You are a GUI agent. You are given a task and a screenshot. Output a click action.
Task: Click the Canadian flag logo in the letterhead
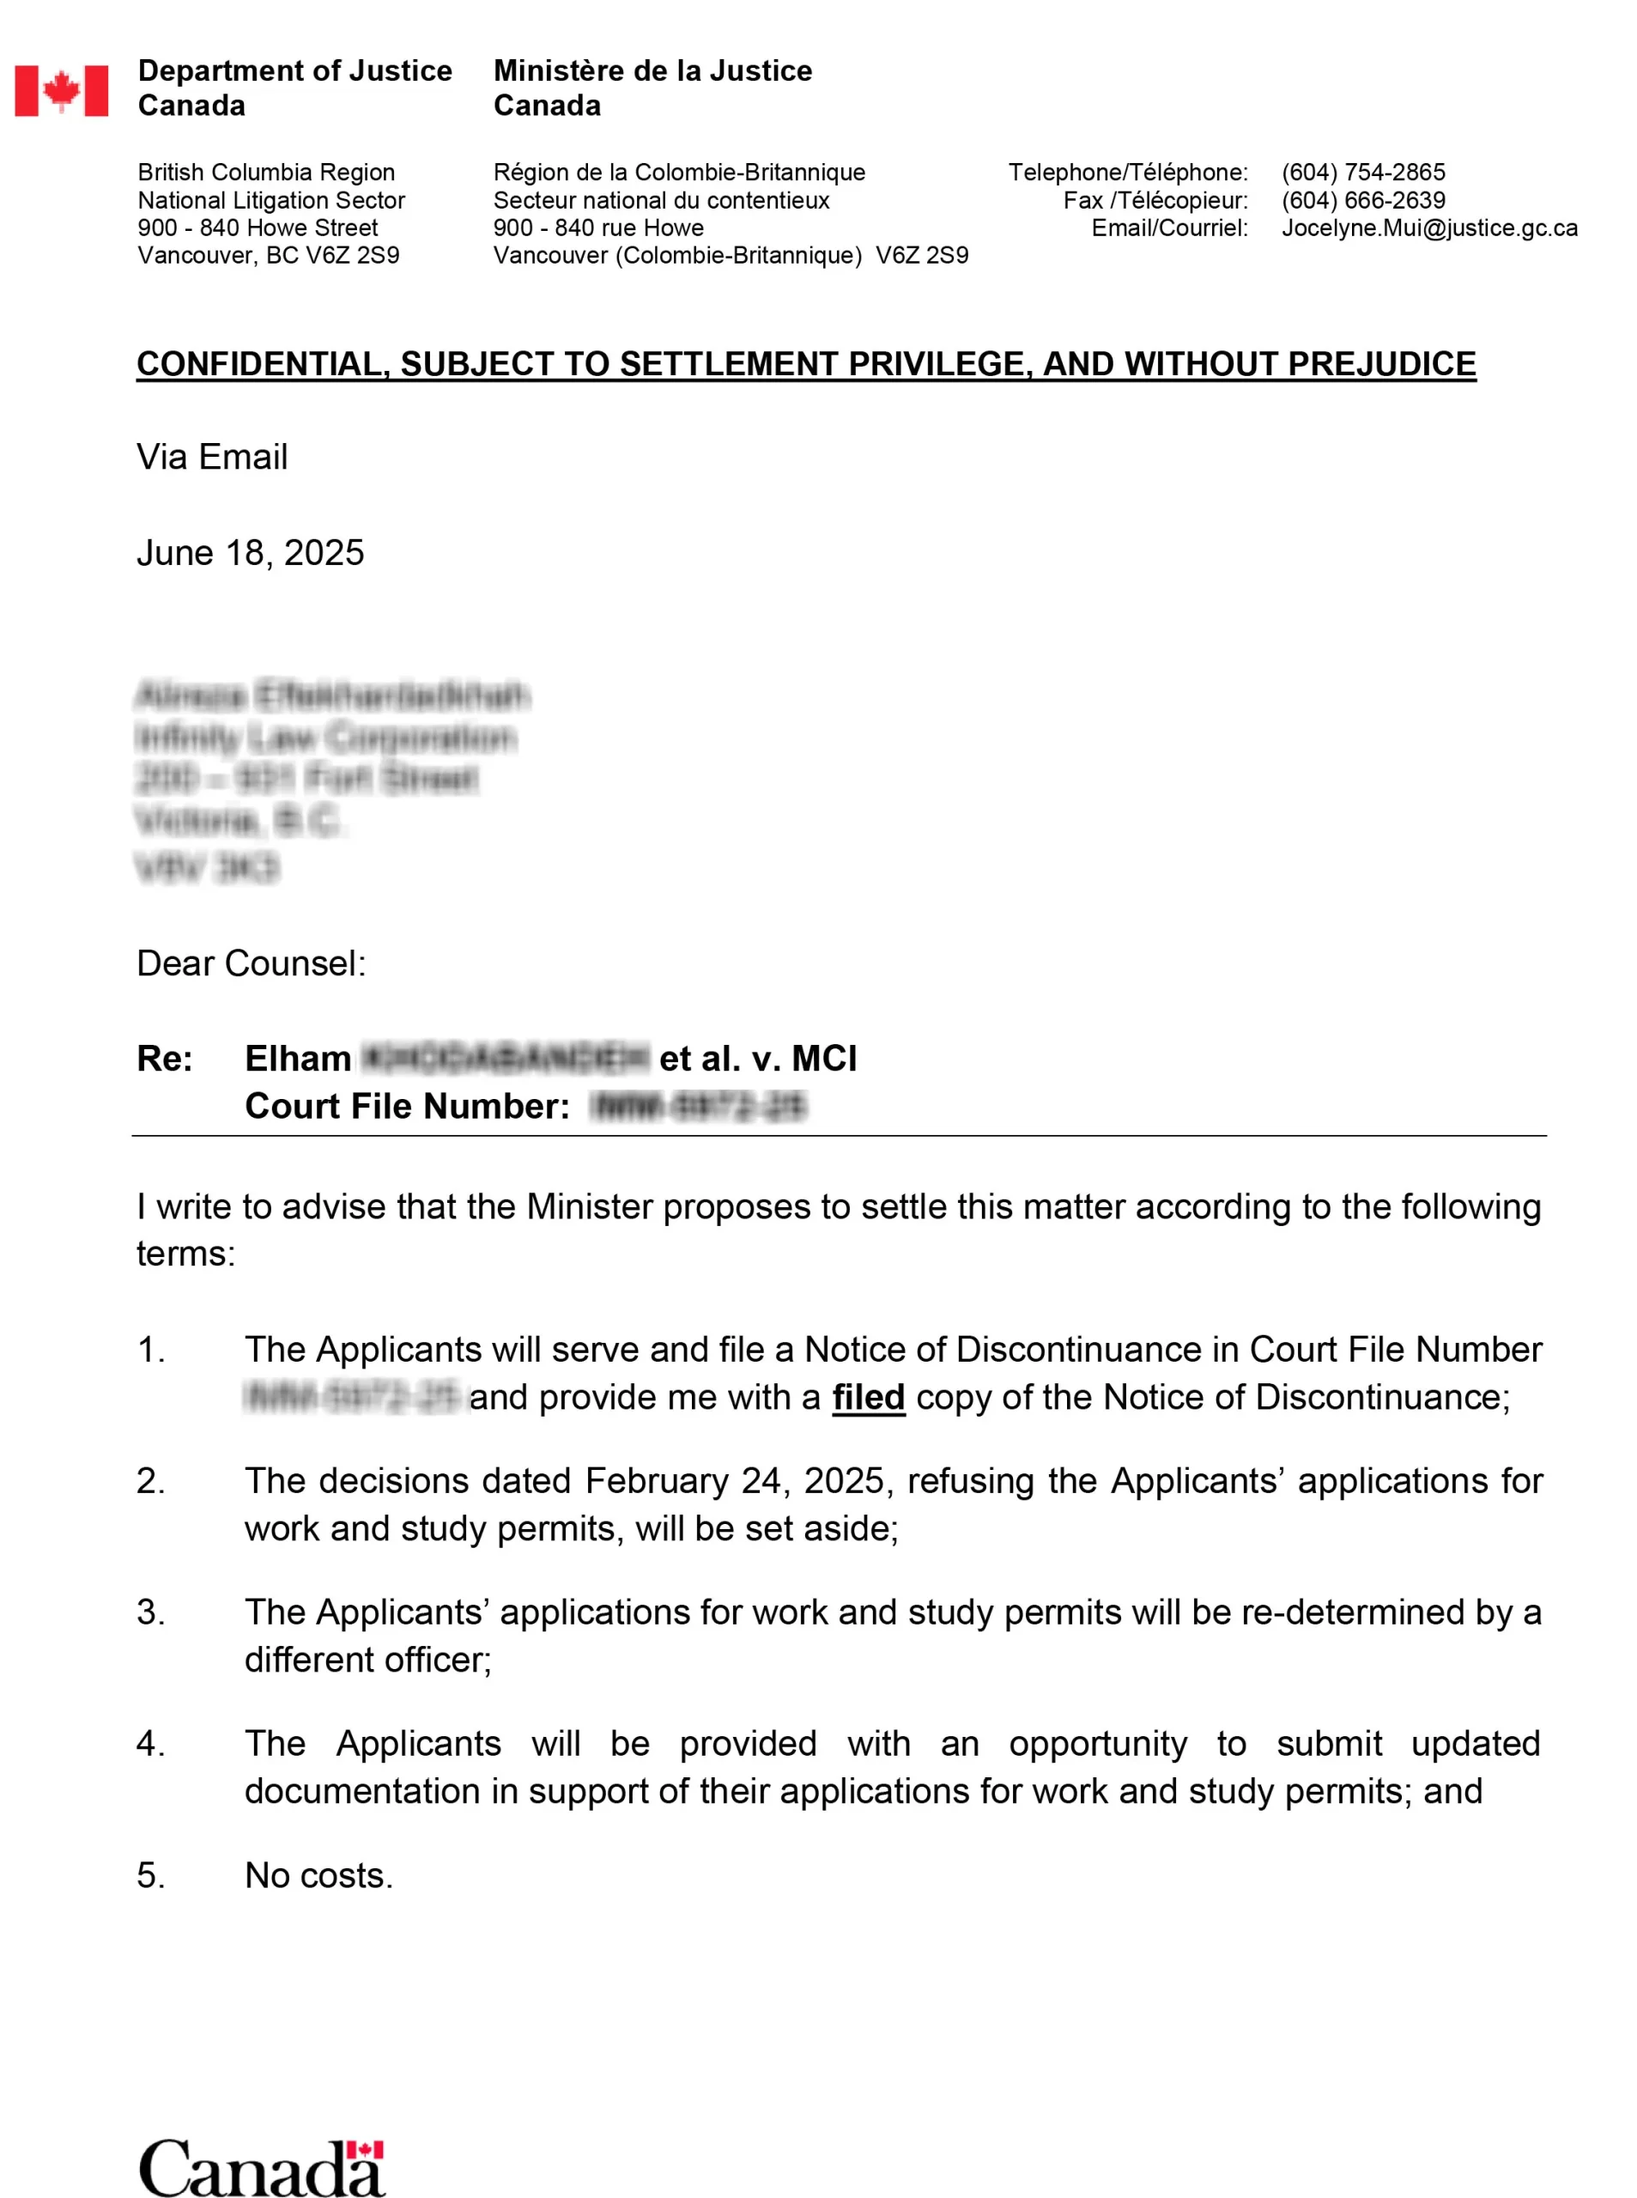point(62,91)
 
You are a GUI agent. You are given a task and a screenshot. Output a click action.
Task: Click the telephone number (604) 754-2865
point(1362,173)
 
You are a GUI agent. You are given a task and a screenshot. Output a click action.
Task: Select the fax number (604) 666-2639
point(1362,200)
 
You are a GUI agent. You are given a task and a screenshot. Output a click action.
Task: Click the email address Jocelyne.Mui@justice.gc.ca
point(1429,228)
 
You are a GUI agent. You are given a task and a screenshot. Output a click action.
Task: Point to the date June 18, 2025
point(251,553)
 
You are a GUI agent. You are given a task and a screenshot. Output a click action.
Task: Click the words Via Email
point(212,457)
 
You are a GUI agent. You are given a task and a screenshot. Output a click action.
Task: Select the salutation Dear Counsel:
point(251,963)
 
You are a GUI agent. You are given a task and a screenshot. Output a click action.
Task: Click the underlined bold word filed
point(868,1397)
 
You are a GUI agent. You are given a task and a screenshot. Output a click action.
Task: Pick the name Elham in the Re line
point(298,1059)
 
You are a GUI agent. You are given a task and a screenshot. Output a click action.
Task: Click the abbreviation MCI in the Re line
point(824,1059)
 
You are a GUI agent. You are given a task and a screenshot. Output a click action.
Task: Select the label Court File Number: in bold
point(407,1106)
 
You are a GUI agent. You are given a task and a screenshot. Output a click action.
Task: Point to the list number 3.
point(149,1612)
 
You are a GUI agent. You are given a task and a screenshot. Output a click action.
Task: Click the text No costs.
point(319,1875)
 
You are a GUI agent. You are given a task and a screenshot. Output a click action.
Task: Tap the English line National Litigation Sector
point(271,200)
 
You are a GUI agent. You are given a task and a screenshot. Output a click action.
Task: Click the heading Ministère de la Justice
point(653,71)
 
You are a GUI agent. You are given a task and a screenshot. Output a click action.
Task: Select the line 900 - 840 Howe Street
point(258,228)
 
